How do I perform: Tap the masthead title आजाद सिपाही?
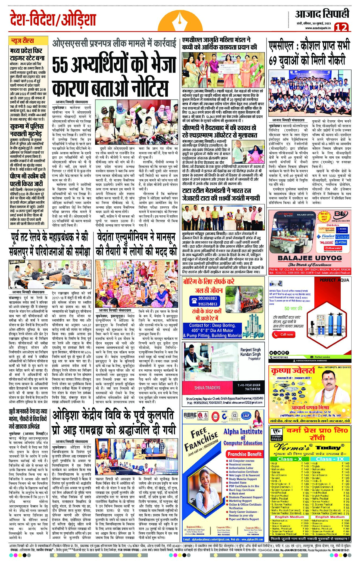[322, 14]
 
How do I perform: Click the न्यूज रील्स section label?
[22, 41]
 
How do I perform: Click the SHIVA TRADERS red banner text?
[207, 388]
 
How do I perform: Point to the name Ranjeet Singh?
[251, 350]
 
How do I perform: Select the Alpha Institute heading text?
[243, 431]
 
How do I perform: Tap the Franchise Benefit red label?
[245, 454]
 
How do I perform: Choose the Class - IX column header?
[330, 459]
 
